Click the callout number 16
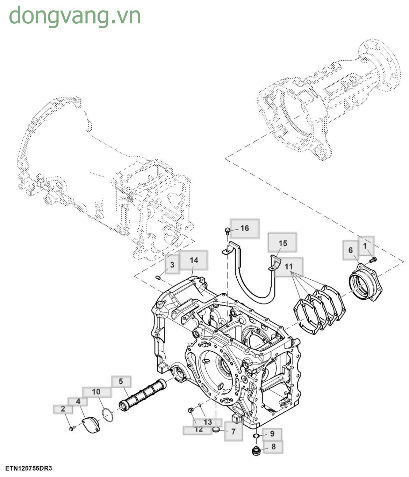tap(245, 228)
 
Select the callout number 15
tap(282, 243)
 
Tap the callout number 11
tap(288, 266)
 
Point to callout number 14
tap(194, 260)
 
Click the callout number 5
tap(121, 381)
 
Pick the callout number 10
tap(96, 392)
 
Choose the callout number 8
tap(273, 446)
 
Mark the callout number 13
tap(208, 422)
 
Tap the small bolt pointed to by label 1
tap(373, 259)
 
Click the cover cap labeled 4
tap(91, 425)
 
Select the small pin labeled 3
tap(158, 278)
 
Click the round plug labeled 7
tap(216, 429)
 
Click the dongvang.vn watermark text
tap(75, 16)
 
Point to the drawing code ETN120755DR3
tap(28, 468)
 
